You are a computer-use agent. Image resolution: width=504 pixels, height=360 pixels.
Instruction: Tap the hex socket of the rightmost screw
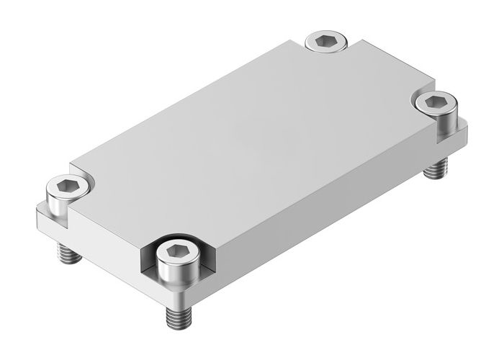[x=435, y=102]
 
